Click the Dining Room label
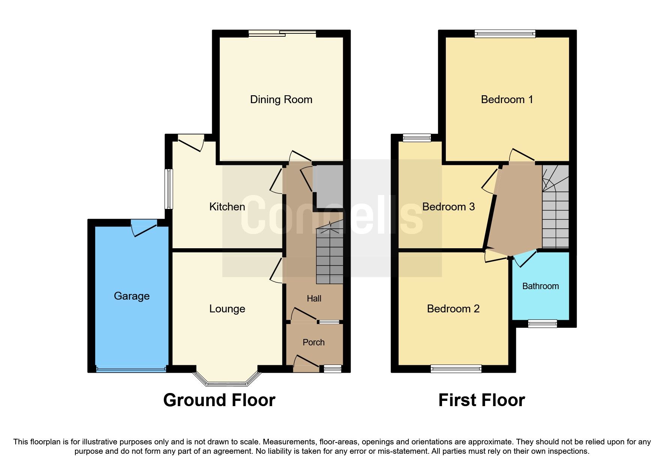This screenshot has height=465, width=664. [x=281, y=99]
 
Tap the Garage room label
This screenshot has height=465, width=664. [x=132, y=296]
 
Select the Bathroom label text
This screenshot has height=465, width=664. [x=540, y=286]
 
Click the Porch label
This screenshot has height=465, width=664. [x=313, y=342]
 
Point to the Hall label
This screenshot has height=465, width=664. [x=314, y=298]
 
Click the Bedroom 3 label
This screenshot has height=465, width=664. [x=448, y=207]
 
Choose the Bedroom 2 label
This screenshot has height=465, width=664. [x=453, y=309]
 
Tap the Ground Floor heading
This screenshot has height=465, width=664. [x=219, y=400]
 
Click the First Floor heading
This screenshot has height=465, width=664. [x=481, y=400]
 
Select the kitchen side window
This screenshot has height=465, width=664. [x=170, y=189]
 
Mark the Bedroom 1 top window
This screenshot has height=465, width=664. [x=505, y=34]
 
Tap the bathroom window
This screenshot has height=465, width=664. [x=542, y=323]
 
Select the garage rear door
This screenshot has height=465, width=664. [x=144, y=228]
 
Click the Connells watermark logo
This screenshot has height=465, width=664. [x=332, y=216]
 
